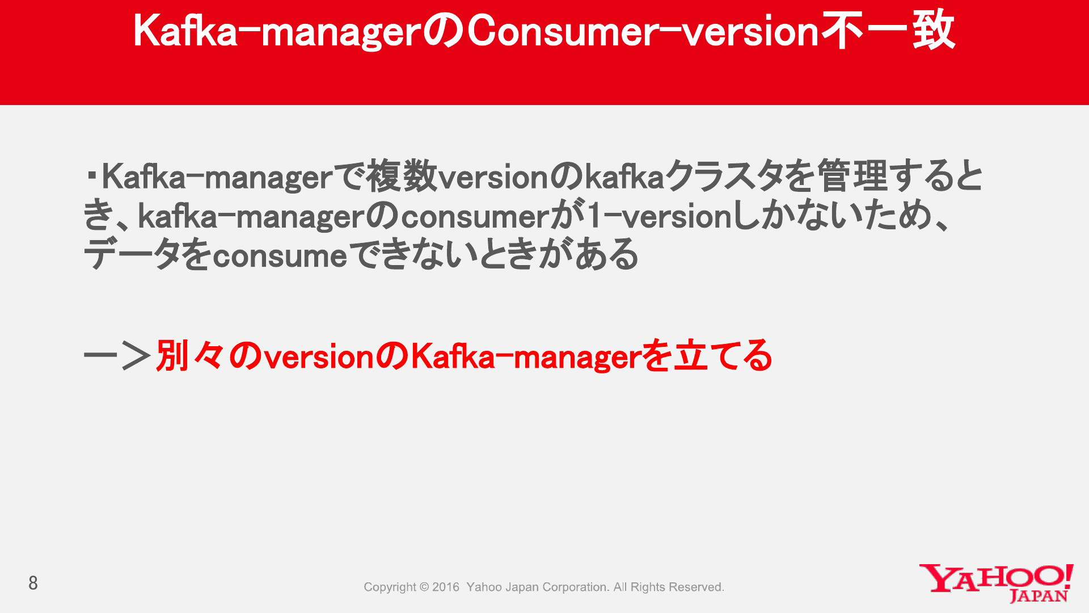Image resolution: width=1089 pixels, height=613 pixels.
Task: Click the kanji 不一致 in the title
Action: click(x=888, y=31)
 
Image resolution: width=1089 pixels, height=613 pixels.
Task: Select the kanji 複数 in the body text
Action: click(x=402, y=177)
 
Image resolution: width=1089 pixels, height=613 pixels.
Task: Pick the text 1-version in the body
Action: click(x=660, y=216)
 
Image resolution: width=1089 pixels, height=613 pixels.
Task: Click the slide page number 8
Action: click(x=33, y=583)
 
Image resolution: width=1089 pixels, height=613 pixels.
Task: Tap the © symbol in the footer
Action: click(x=424, y=587)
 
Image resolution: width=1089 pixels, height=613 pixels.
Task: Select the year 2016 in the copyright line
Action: click(x=446, y=587)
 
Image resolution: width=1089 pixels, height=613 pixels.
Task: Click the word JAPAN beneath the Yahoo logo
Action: click(x=1039, y=596)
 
